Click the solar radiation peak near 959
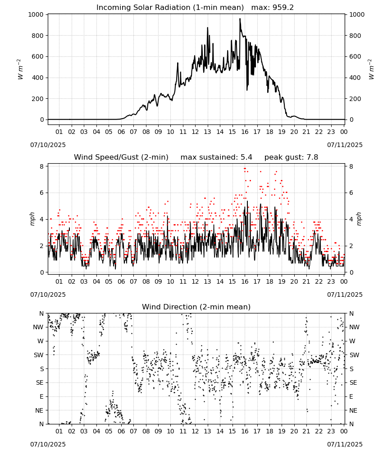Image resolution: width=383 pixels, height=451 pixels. pyautogui.click(x=240, y=19)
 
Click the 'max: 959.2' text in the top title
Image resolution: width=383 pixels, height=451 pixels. pyautogui.click(x=273, y=8)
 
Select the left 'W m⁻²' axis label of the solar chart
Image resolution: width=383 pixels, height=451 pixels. pyautogui.click(x=20, y=69)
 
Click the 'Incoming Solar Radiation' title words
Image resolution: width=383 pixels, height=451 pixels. pyautogui.click(x=143, y=8)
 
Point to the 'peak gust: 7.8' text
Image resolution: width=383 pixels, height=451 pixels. pyautogui.click(x=291, y=157)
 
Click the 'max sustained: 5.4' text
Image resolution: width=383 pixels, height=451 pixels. pyautogui.click(x=216, y=157)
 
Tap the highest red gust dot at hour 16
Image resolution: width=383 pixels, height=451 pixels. pyautogui.click(x=245, y=168)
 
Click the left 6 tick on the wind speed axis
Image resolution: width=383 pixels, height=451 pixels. pyautogui.click(x=42, y=193)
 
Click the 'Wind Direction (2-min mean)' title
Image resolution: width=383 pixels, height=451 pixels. pyautogui.click(x=196, y=307)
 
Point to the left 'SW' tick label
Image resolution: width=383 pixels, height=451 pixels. pyautogui.click(x=39, y=355)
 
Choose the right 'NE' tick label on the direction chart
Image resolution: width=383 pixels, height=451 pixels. pyautogui.click(x=353, y=410)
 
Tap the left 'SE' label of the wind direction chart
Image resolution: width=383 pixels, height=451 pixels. pyautogui.click(x=40, y=382)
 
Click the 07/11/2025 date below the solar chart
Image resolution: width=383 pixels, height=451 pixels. pyautogui.click(x=345, y=145)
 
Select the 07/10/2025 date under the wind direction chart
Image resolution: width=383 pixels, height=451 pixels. pyautogui.click(x=48, y=444)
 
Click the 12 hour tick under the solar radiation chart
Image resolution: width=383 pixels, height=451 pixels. pyautogui.click(x=195, y=132)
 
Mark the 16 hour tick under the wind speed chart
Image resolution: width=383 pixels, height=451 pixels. pyautogui.click(x=245, y=281)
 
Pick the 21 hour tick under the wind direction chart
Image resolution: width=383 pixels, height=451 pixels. pyautogui.click(x=306, y=431)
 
